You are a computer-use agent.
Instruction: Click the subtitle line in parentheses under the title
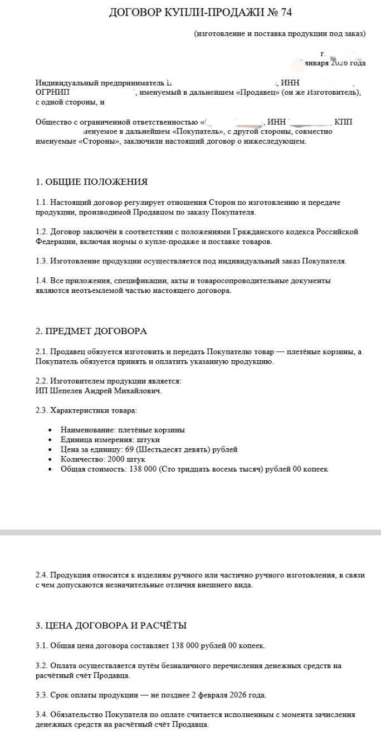pyautogui.click(x=280, y=33)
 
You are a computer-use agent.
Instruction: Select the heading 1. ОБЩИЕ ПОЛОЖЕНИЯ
pyautogui.click(x=91, y=182)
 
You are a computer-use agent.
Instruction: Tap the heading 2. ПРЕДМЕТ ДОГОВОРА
pyautogui.click(x=91, y=331)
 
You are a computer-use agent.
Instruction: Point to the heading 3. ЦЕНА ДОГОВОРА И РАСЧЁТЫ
pyautogui.click(x=111, y=625)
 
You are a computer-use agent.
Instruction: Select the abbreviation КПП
pyautogui.click(x=343, y=122)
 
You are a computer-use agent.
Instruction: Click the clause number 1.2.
pyautogui.click(x=42, y=232)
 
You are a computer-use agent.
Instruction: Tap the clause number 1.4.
pyautogui.click(x=42, y=281)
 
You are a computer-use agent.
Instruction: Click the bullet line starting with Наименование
pyautogui.click(x=123, y=430)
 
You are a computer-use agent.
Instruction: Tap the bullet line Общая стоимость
pyautogui.click(x=194, y=469)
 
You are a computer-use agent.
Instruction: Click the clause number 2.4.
pyautogui.click(x=42, y=575)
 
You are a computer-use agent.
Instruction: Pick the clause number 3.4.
pyautogui.click(x=42, y=714)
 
